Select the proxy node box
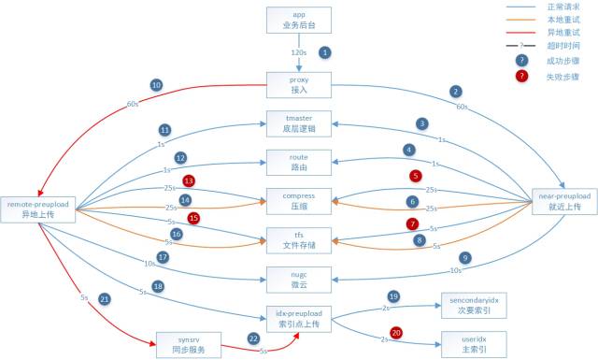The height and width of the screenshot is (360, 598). click(x=299, y=85)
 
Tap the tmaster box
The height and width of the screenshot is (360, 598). click(x=299, y=124)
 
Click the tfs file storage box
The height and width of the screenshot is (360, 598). click(x=299, y=239)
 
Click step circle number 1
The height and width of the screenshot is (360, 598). click(x=325, y=52)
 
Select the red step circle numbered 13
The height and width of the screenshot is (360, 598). click(x=189, y=180)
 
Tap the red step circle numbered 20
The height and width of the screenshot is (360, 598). click(x=395, y=332)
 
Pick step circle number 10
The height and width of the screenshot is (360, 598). click(x=156, y=85)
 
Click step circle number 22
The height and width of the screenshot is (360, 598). click(x=252, y=338)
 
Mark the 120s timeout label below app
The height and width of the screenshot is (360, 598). click(x=299, y=52)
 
